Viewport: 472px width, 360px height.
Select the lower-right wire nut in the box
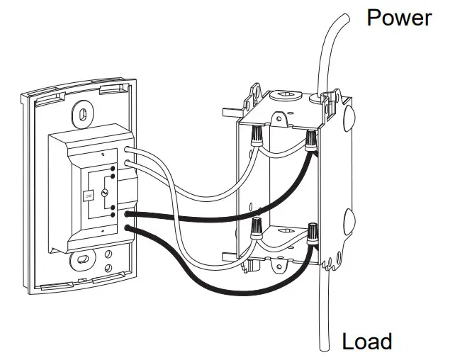pyautogui.click(x=312, y=233)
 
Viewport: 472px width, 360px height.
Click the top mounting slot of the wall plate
pyautogui.click(x=84, y=113)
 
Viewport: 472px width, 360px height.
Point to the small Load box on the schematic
pyautogui.click(x=88, y=195)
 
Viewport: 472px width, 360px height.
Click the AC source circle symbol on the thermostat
pyautogui.click(x=103, y=193)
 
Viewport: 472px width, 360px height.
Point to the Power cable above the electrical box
pyautogui.click(x=333, y=50)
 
